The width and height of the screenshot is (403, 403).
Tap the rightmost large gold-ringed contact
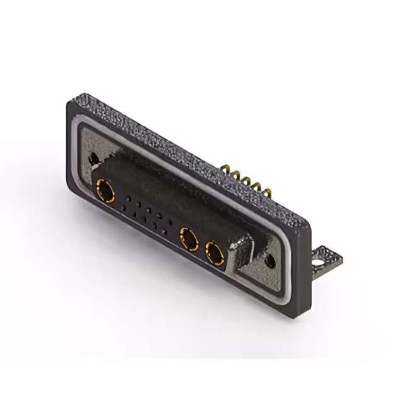coord(215,255)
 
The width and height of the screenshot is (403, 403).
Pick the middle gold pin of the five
coord(246,179)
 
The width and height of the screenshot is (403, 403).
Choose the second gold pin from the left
coord(236,174)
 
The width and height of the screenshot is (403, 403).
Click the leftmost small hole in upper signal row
coord(128,200)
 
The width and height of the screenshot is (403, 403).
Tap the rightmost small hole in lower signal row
coord(164,232)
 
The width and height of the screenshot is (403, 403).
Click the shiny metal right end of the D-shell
coord(243,255)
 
